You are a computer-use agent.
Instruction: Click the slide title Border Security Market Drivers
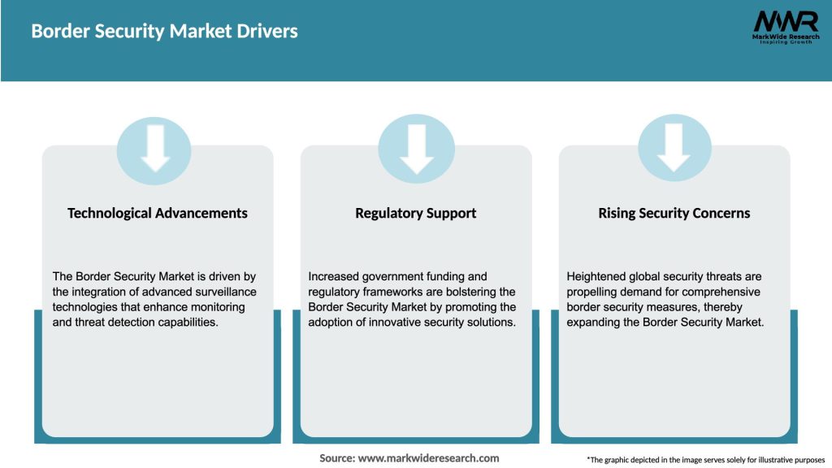point(164,32)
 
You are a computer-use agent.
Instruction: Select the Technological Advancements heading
point(158,213)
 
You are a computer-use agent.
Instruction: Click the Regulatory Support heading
point(415,213)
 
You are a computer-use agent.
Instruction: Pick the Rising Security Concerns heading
point(674,213)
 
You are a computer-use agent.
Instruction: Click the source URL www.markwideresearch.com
point(428,458)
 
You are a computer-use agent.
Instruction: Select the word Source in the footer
point(336,458)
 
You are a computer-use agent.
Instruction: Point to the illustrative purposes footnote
point(705,460)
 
